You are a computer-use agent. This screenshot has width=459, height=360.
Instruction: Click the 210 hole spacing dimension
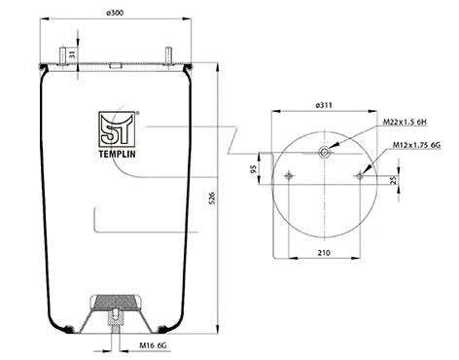pyautogui.click(x=324, y=254)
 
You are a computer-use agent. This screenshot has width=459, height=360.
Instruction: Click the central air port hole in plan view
pyautogui.click(x=325, y=151)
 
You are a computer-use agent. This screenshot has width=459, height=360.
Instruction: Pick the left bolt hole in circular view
pyautogui.click(x=290, y=175)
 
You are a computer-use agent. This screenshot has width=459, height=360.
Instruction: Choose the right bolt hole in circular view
pyautogui.click(x=360, y=175)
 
